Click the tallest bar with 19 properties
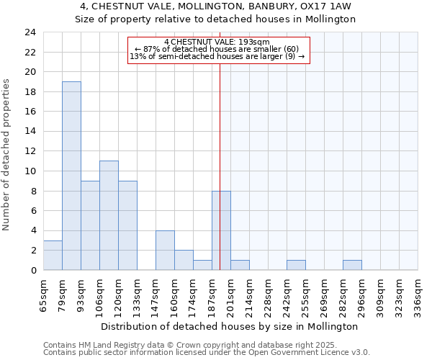click(x=71, y=176)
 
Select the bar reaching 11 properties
click(x=109, y=215)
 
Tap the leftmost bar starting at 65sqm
click(x=53, y=255)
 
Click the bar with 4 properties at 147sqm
click(x=165, y=250)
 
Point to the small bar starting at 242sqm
click(x=296, y=265)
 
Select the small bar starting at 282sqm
click(x=352, y=265)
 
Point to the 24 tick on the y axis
click(x=30, y=32)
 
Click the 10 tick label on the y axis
click(x=30, y=171)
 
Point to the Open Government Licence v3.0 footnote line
click(x=207, y=352)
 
